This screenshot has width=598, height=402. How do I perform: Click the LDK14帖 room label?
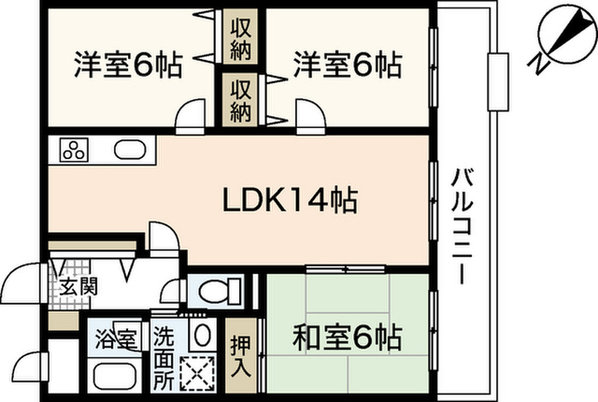tap(290, 200)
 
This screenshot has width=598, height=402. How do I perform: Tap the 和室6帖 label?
tap(348, 337)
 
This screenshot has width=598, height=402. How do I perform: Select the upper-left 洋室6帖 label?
tap(129, 65)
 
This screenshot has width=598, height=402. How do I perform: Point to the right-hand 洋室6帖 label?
tap(348, 65)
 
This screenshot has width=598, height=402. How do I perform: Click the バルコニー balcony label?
tap(463, 226)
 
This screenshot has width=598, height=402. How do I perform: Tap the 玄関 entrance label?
tap(78, 286)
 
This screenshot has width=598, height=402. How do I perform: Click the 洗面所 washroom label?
tap(164, 357)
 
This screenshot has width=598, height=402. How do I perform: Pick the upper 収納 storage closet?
tap(241, 39)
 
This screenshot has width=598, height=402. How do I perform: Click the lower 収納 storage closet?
tap(241, 100)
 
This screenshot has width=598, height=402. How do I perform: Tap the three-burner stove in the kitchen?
tap(74, 150)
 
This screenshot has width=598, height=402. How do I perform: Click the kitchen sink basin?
tap(130, 150)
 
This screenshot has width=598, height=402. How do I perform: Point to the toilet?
tap(221, 292)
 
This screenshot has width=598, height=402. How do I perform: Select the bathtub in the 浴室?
tap(114, 376)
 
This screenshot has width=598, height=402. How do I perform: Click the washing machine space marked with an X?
tap(197, 373)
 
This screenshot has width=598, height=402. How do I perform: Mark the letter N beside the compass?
tap(538, 64)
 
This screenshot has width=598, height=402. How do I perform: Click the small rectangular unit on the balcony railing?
tap(498, 82)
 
